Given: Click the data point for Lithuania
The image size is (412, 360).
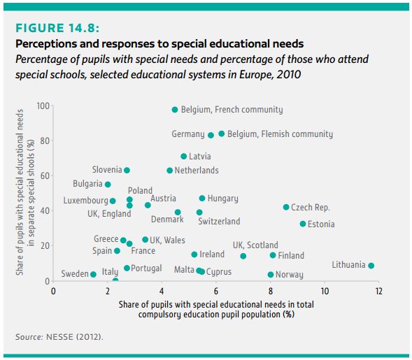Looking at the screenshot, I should coord(371,266).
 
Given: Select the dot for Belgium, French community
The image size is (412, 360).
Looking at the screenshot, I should coord(175,110).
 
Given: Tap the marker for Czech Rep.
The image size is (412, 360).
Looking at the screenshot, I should coord(286,207).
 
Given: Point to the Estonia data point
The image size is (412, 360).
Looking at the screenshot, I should coord(303,224).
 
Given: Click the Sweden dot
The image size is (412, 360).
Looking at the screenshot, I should coord(93,274).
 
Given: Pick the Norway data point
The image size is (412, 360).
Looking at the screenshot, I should coord(271,275).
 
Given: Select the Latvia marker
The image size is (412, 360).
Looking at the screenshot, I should coord(184,157).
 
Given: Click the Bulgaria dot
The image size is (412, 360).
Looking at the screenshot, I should coord(108,185).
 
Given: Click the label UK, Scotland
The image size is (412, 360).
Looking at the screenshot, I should coord(255,245).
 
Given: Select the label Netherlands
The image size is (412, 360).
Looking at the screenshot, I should coord(197,171).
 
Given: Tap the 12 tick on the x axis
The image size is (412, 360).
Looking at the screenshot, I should coord(379,291).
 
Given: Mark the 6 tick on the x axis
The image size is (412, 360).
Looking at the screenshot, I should coord(216,291).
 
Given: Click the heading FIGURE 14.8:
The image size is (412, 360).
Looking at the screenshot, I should coord(57,29).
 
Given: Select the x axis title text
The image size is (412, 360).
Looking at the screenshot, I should coord(216,309).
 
